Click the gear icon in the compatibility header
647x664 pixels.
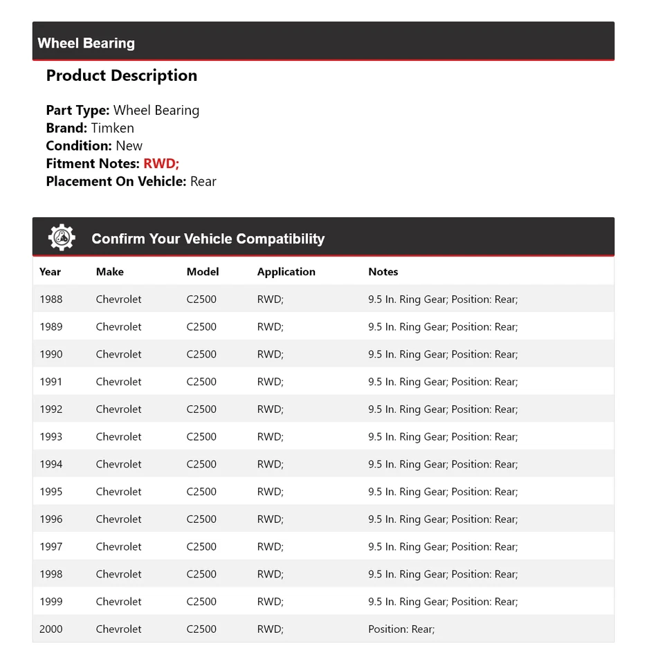click(62, 237)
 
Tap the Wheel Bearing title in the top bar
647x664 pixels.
click(86, 43)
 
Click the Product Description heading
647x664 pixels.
click(121, 75)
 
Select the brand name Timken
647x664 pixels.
click(112, 128)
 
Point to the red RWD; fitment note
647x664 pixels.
click(161, 164)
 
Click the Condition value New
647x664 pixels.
click(129, 146)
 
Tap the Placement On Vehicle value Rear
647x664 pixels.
click(203, 182)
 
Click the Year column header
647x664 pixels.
click(50, 272)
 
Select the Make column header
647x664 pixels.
click(109, 272)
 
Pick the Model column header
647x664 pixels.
click(202, 272)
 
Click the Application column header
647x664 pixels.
click(286, 272)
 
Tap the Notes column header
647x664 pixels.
click(383, 272)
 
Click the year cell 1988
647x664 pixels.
click(51, 299)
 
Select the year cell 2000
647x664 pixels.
click(51, 629)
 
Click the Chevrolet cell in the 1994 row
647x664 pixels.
click(118, 464)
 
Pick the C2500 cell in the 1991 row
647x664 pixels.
click(201, 382)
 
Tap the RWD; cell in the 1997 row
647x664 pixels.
click(270, 546)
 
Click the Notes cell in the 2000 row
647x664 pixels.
click(401, 629)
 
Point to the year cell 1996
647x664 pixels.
click(51, 519)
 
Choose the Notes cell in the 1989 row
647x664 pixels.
click(442, 327)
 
